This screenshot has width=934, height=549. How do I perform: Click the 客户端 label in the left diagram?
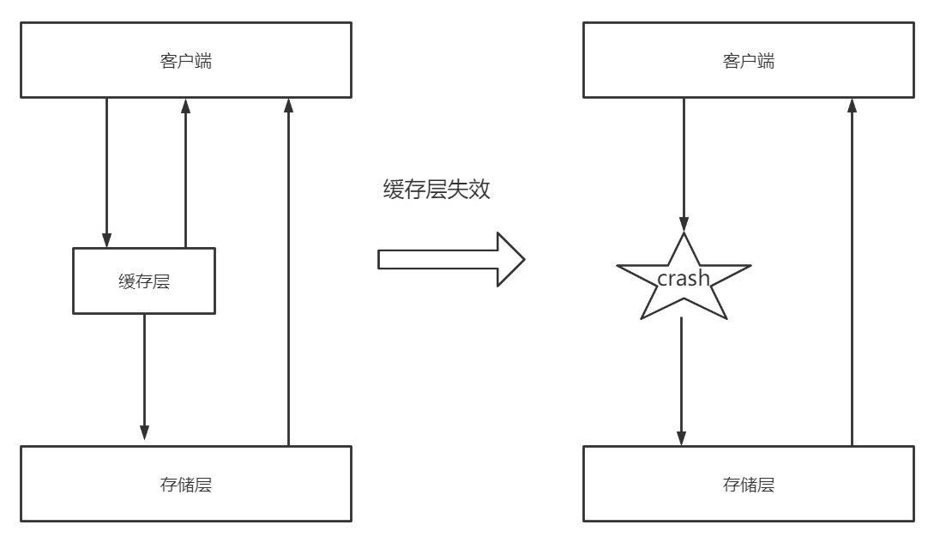pyautogui.click(x=185, y=62)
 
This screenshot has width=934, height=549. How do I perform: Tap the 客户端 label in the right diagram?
pyautogui.click(x=748, y=62)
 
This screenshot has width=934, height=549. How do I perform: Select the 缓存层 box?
pyautogui.click(x=143, y=281)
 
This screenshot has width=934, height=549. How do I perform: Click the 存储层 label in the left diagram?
pyautogui.click(x=185, y=485)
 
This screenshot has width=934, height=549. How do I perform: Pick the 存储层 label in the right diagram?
pyautogui.click(x=748, y=485)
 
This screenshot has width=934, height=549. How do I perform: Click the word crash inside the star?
pyautogui.click(x=684, y=278)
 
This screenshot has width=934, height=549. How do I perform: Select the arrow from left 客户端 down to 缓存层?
pyautogui.click(x=107, y=172)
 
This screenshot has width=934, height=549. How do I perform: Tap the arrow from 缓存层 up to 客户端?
pyautogui.click(x=185, y=172)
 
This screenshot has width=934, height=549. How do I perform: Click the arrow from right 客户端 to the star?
pyautogui.click(x=684, y=163)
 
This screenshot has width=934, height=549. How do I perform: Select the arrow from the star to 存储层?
pyautogui.click(x=681, y=382)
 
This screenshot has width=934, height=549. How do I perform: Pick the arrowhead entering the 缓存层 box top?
pyautogui.click(x=107, y=240)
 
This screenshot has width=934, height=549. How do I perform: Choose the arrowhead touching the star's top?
pyautogui.click(x=684, y=224)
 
